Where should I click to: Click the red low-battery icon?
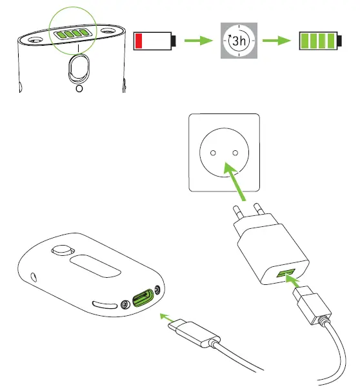click(x=154, y=41)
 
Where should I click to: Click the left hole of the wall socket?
click(x=212, y=153)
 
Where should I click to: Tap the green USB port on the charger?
click(x=285, y=275)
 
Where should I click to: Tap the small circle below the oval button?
click(x=79, y=90)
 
